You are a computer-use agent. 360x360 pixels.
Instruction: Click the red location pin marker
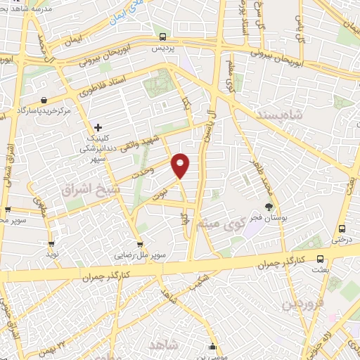click(x=181, y=165)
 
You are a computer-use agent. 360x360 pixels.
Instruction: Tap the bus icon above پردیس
click(x=162, y=37)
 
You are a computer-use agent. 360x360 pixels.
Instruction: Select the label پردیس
click(x=162, y=50)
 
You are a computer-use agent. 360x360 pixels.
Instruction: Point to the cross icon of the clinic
click(x=98, y=127)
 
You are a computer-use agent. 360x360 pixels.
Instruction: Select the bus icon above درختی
click(x=342, y=229)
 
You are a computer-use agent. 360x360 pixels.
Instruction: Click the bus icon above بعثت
click(x=320, y=258)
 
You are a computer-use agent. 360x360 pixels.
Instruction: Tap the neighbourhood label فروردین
click(x=302, y=303)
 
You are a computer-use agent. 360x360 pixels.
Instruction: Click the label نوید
click(x=51, y=251)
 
